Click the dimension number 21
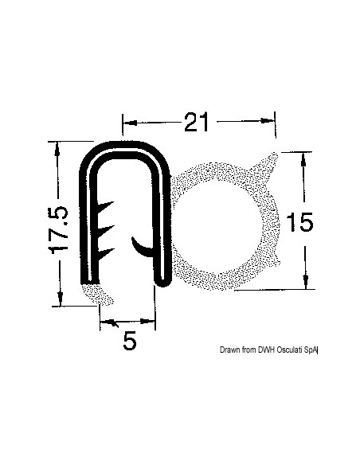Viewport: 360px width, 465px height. pyautogui.click(x=196, y=122)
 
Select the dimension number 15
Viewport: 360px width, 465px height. pyautogui.click(x=299, y=222)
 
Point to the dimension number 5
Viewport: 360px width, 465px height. pyautogui.click(x=130, y=341)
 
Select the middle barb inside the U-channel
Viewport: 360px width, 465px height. pyautogui.click(x=106, y=230)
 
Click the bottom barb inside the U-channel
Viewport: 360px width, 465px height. pyautogui.click(x=106, y=253)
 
